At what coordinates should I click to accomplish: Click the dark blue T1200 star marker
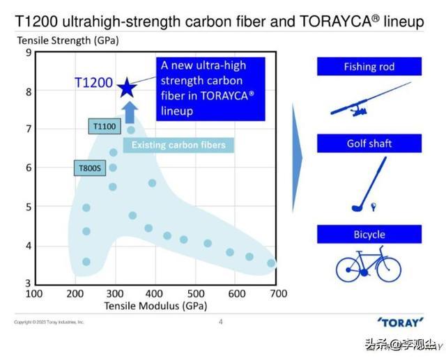coord(126,88)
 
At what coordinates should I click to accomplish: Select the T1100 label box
coord(105,126)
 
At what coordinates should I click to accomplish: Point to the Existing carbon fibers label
coord(178,145)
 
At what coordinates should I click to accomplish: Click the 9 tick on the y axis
coord(28,52)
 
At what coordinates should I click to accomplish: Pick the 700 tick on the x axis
coord(278,294)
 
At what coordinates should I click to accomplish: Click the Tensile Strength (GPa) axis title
coord(68,40)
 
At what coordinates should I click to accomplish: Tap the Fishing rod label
coord(369,67)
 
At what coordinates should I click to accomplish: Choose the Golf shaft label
coord(369,143)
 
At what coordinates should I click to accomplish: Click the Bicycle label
coord(369,234)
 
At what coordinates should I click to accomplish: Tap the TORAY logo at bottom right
coord(400,322)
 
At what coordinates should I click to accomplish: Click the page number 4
coord(221,322)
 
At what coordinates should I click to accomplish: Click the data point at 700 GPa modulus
coord(271,263)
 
